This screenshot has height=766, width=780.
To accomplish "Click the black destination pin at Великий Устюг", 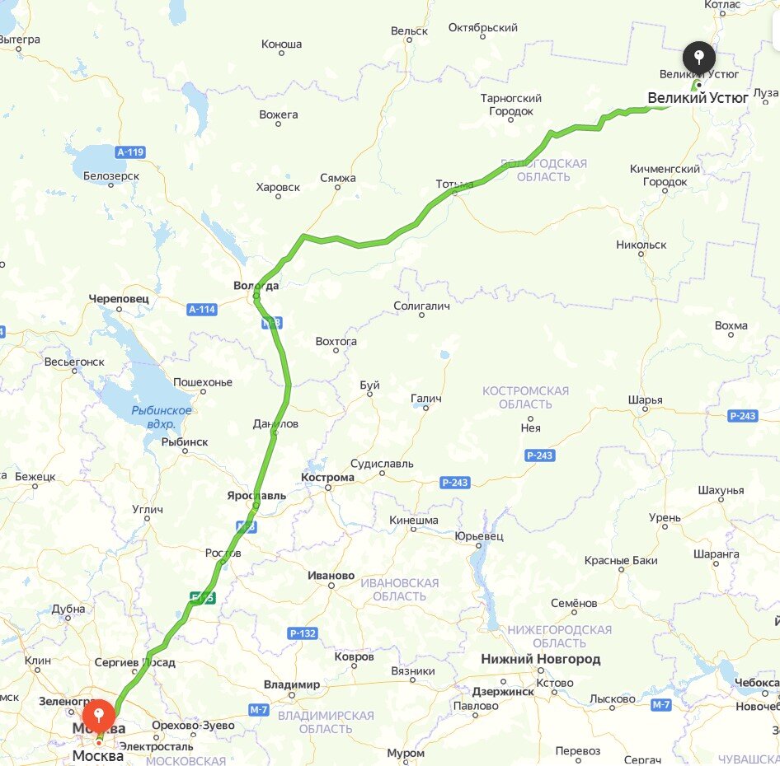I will [x=699, y=58].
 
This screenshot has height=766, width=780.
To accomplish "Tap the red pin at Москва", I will [x=99, y=714].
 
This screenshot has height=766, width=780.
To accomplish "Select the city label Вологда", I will [x=256, y=286].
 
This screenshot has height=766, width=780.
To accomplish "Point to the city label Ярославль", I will [x=256, y=495].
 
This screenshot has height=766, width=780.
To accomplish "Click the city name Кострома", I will [x=327, y=477].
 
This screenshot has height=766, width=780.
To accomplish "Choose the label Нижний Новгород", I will [x=540, y=659].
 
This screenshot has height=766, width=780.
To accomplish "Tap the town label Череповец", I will [x=119, y=298].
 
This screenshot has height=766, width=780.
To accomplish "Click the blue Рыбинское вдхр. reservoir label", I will [x=162, y=417].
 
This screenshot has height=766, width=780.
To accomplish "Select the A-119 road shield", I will [x=130, y=152].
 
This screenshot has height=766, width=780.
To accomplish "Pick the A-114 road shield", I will [x=201, y=310].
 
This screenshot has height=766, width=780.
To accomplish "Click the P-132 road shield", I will [x=303, y=633].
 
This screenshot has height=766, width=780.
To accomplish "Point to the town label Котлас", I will [x=722, y=5].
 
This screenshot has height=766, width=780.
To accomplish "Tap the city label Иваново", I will [x=330, y=575].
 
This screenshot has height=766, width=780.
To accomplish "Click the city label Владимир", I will [x=292, y=684].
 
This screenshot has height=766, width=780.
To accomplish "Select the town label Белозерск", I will [x=111, y=175].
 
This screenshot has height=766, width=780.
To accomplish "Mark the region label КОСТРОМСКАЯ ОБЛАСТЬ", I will [x=525, y=397].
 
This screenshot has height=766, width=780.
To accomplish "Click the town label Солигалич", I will [x=421, y=306].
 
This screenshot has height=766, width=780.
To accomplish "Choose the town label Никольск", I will [x=641, y=245].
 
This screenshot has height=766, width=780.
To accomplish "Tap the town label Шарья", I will [x=645, y=400].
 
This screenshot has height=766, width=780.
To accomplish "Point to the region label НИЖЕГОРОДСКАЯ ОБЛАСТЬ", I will [x=559, y=636].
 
